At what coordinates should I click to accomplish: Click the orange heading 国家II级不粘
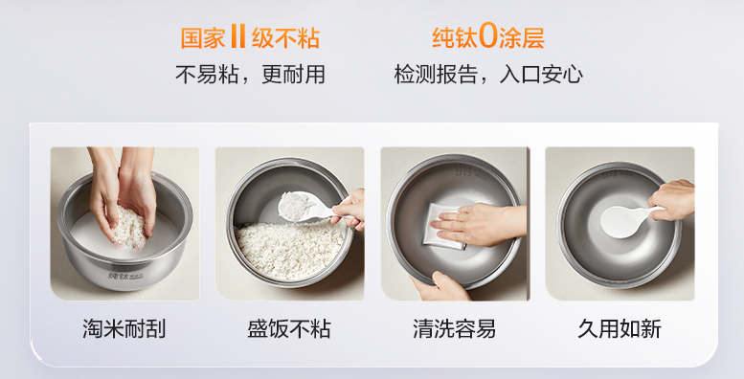[x=250, y=37]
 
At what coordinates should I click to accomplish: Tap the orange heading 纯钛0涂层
[x=487, y=37]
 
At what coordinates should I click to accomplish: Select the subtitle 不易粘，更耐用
[x=250, y=75]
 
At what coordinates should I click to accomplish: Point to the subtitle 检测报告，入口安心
[x=488, y=75]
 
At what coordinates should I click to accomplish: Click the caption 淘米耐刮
[x=124, y=328]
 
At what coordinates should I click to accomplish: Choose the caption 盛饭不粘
[x=289, y=328]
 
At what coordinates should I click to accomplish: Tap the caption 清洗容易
[x=454, y=328]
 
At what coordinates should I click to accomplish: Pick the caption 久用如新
[x=620, y=328]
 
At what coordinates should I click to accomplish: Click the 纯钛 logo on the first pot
[x=119, y=275]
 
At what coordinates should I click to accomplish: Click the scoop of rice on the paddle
[x=295, y=205]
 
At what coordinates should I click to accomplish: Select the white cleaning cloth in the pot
[x=443, y=226]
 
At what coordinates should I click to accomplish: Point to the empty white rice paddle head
[x=620, y=222]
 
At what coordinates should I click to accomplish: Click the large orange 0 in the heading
[x=487, y=37]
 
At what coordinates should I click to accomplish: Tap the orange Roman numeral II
[x=237, y=37]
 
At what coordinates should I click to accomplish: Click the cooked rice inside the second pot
[x=290, y=249]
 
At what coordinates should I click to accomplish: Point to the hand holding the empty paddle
[x=671, y=199]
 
